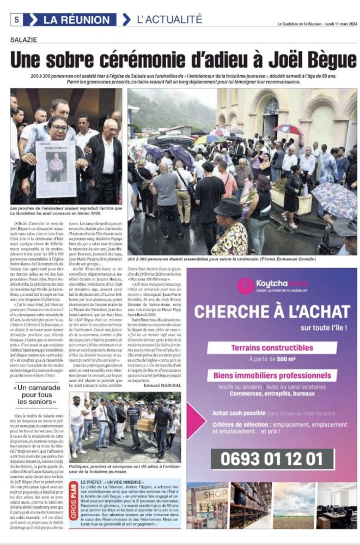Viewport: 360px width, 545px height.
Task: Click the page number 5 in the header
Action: coord(17,20)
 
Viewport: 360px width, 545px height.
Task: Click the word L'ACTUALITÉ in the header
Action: coord(169,20)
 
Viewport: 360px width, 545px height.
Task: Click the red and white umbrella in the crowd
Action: coord(288,129)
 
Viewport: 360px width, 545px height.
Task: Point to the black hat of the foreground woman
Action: coord(228,207)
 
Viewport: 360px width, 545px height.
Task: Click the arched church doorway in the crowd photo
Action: coord(270,115)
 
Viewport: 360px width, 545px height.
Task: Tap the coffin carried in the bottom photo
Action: coord(144,425)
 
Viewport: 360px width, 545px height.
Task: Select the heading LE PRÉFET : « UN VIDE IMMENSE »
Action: coord(112,483)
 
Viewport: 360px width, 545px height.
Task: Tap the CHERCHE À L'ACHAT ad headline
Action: coord(272,312)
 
